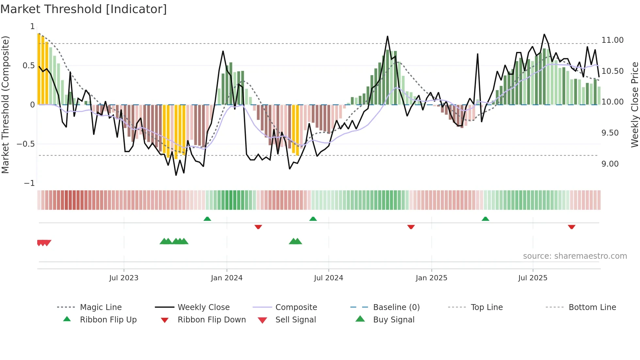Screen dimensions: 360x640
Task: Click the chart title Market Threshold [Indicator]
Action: tap(84, 9)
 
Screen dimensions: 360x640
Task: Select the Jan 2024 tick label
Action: tap(227, 278)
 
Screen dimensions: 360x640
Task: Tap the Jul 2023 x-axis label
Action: tap(124, 278)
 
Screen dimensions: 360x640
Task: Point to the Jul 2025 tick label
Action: tap(533, 278)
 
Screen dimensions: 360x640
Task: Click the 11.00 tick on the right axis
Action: tap(612, 40)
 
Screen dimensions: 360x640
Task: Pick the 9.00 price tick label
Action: tap(610, 164)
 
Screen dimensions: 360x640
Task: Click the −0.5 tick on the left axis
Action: tap(26, 144)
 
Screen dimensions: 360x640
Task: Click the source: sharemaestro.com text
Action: tap(575, 256)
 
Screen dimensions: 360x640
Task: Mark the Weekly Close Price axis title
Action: tap(634, 105)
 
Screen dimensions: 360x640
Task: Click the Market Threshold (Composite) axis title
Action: tap(5, 105)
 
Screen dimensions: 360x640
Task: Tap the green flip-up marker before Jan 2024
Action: tap(207, 219)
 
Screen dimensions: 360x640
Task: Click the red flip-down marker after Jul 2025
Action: tap(571, 227)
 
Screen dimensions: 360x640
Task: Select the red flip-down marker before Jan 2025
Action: tap(411, 227)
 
